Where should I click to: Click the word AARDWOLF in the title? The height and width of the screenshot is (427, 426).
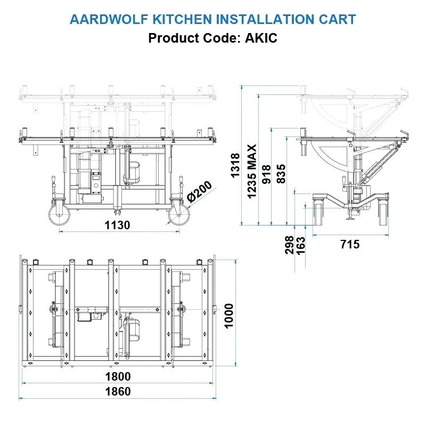pos(109,19)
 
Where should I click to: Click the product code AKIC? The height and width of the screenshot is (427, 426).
pos(261,38)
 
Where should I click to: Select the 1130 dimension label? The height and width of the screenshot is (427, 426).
pos(117,225)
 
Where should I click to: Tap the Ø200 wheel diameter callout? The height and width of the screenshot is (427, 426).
pos(200,192)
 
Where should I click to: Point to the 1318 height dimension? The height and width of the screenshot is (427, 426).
pos(235,166)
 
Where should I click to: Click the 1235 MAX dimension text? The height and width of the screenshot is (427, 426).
pos(252,171)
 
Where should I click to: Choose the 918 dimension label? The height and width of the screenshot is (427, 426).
pos(266,174)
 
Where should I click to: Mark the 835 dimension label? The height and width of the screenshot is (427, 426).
pos(281,174)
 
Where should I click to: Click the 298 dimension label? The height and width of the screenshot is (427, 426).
pos(290,245)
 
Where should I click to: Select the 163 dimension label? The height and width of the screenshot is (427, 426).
pos(300,246)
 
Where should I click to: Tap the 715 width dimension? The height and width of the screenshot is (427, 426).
pos(350,244)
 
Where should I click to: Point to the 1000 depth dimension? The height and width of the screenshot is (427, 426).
pos(229,316)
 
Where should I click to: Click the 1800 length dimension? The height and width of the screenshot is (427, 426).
pos(118,376)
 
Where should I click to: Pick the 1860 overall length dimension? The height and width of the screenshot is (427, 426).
pos(118,392)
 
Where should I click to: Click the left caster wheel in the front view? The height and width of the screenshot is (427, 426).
pos(59,215)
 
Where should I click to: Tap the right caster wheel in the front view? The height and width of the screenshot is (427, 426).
pos(179,215)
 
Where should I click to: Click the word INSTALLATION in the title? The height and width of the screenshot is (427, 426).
pos(265,19)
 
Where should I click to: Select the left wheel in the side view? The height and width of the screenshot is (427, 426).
pos(318,212)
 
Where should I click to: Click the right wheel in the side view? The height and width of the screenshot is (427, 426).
pos(383,212)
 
